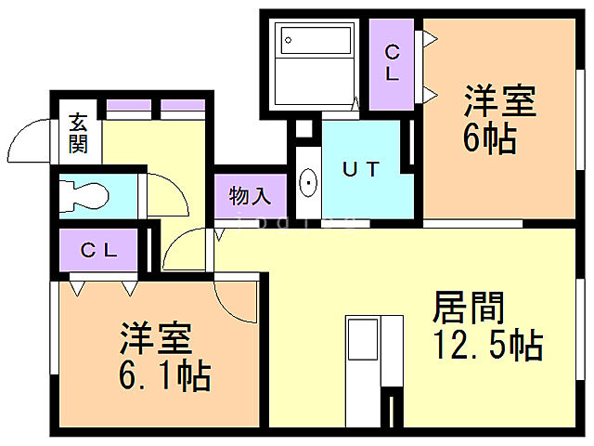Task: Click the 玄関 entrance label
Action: click(78, 134)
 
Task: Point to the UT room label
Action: click(361, 169)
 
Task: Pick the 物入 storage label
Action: click(249, 196)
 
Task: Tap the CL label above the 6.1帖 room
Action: click(98, 249)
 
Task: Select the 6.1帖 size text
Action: click(165, 375)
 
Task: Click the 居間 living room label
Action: click(469, 306)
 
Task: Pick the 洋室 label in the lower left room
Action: click(156, 335)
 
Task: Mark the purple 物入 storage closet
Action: click(249, 196)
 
